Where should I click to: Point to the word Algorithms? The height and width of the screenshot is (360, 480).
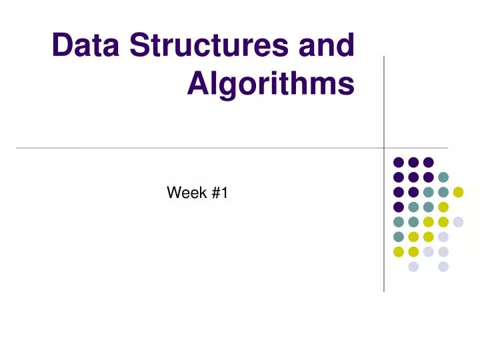[x=271, y=84]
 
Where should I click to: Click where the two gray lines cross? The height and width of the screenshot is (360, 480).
[x=384, y=147]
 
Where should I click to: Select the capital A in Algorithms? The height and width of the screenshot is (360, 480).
[x=199, y=84]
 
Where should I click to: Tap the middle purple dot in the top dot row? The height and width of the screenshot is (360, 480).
[x=413, y=162]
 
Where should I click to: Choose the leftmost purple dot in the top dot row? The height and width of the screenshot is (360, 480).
[x=399, y=162]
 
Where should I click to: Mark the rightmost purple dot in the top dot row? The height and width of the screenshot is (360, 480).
[x=429, y=162]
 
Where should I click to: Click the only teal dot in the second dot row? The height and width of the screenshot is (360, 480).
[x=443, y=177]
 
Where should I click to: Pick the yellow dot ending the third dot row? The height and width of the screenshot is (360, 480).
[x=458, y=192]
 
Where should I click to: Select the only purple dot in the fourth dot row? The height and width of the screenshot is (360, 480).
[x=399, y=207]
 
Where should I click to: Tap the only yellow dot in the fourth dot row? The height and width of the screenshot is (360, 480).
[x=443, y=207]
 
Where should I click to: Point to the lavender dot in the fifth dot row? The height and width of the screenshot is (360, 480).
[x=458, y=222]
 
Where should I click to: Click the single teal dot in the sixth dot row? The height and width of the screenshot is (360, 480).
[x=399, y=237]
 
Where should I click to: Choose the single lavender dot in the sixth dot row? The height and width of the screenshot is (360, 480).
[x=443, y=237]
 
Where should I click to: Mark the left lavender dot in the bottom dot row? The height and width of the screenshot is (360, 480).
[x=413, y=267]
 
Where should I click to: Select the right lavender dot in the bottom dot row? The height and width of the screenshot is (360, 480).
[x=443, y=267]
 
